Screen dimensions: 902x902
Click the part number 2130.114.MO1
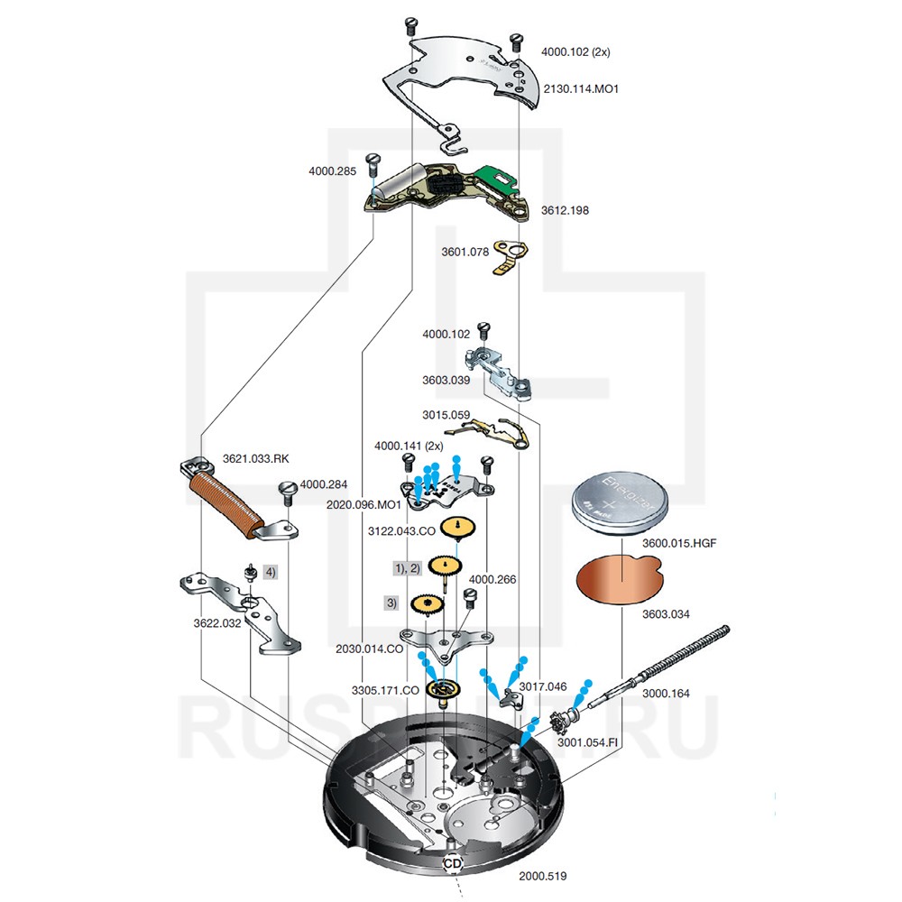pyautogui.click(x=580, y=88)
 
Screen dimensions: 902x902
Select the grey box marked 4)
pyautogui.click(x=270, y=571)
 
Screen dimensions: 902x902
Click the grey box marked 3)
pyautogui.click(x=391, y=602)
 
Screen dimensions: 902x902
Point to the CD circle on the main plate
pyautogui.click(x=452, y=863)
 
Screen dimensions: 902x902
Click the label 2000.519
pyautogui.click(x=542, y=876)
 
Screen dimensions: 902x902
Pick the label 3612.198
pyautogui.click(x=565, y=210)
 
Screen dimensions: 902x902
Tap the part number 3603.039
pyautogui.click(x=446, y=380)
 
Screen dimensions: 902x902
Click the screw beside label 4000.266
pyautogui.click(x=469, y=596)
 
